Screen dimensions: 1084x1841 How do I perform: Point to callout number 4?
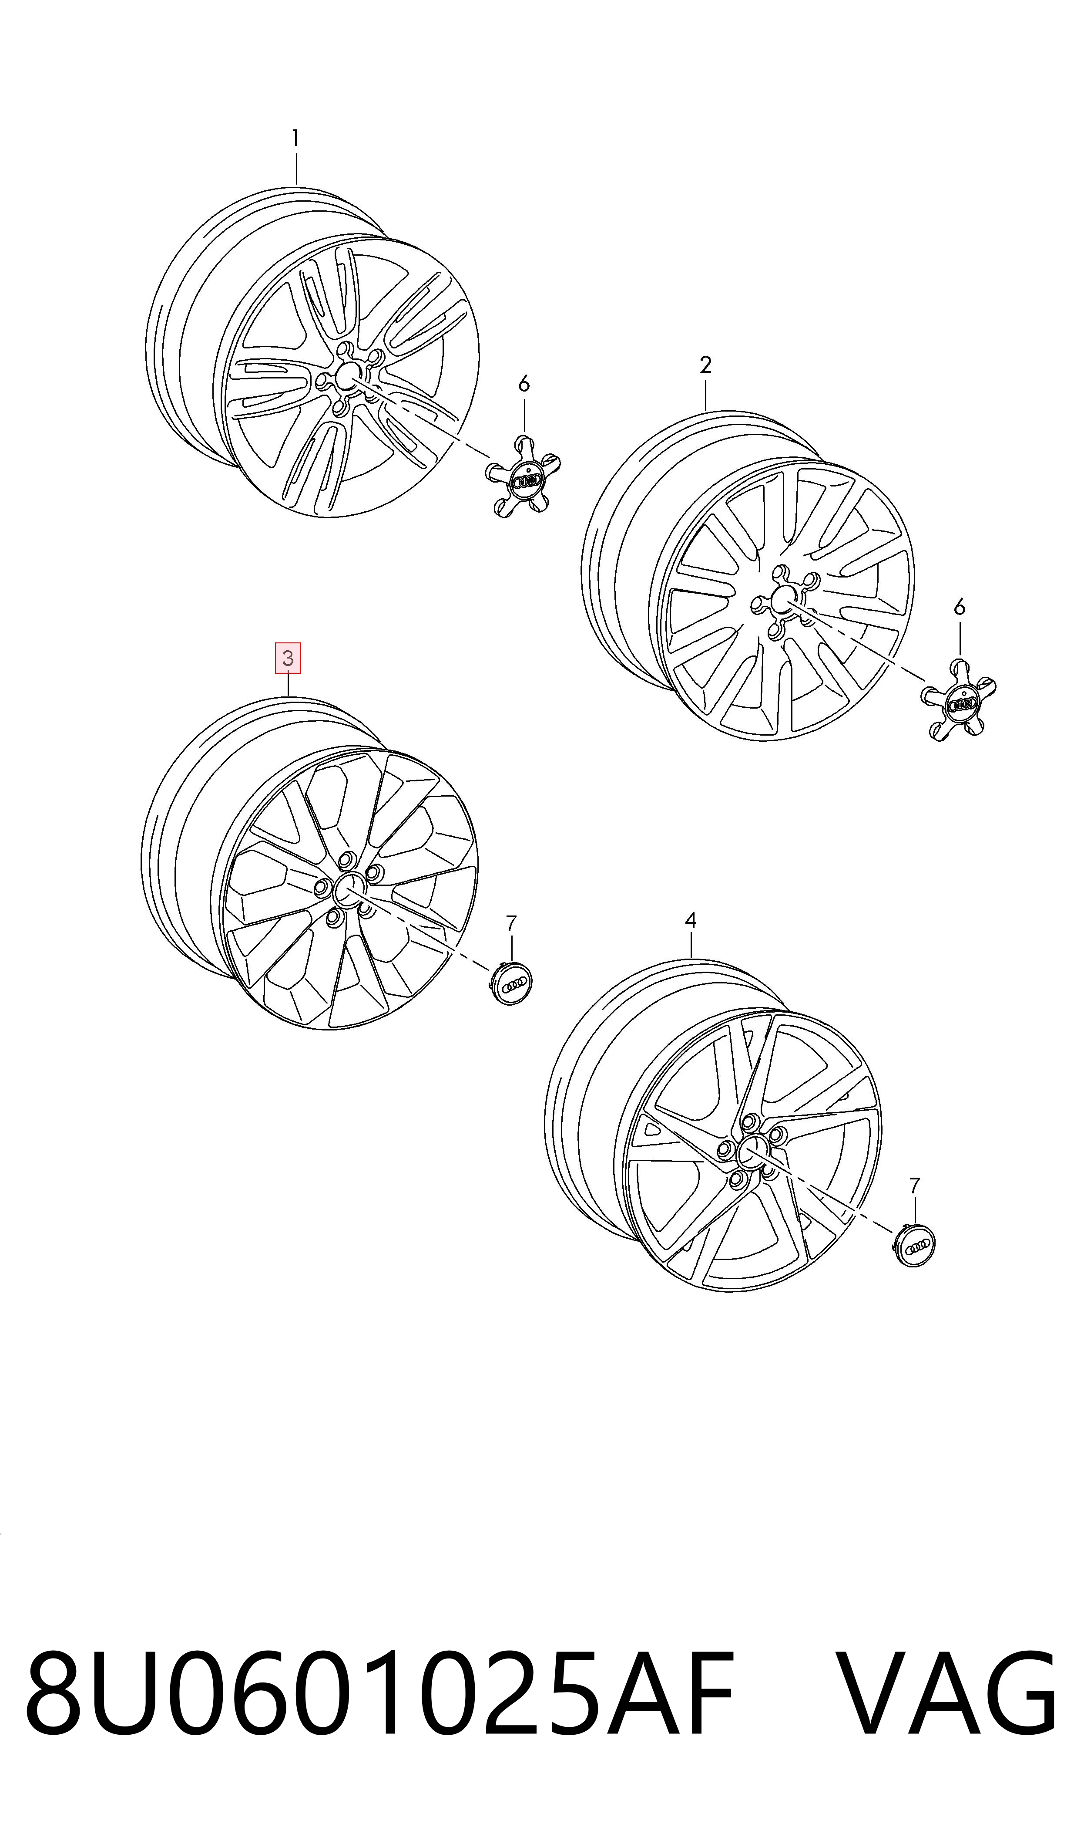click(690, 921)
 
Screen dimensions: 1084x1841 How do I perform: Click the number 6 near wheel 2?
click(959, 607)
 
